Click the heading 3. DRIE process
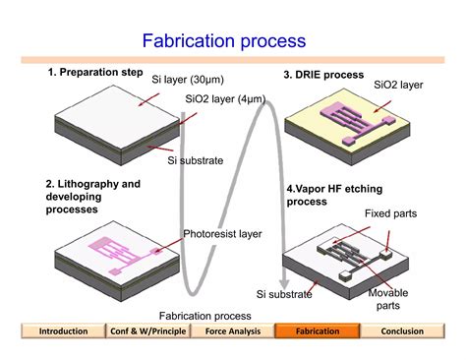click(x=323, y=75)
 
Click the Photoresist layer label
click(x=222, y=234)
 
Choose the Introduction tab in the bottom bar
click(x=63, y=331)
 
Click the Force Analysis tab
click(x=231, y=331)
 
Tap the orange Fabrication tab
click(x=317, y=331)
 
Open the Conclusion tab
click(x=402, y=331)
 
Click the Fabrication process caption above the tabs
click(x=204, y=316)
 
